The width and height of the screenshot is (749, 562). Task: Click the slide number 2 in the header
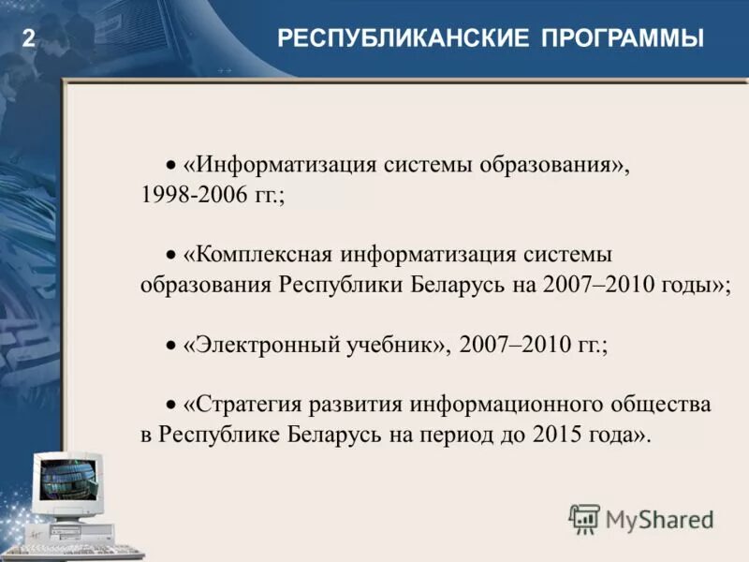pyautogui.click(x=28, y=39)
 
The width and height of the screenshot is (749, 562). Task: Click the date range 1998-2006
pyautogui.click(x=194, y=196)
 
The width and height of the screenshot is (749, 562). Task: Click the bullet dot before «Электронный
pyautogui.click(x=171, y=346)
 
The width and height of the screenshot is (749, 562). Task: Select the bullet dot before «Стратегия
pyautogui.click(x=171, y=406)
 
